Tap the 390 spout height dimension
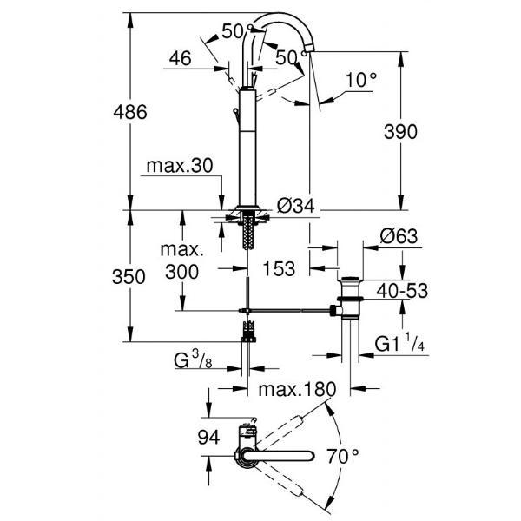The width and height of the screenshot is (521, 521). (x=400, y=131)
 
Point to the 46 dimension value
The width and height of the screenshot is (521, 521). (x=180, y=59)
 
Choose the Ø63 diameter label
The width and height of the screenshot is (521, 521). (x=399, y=234)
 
